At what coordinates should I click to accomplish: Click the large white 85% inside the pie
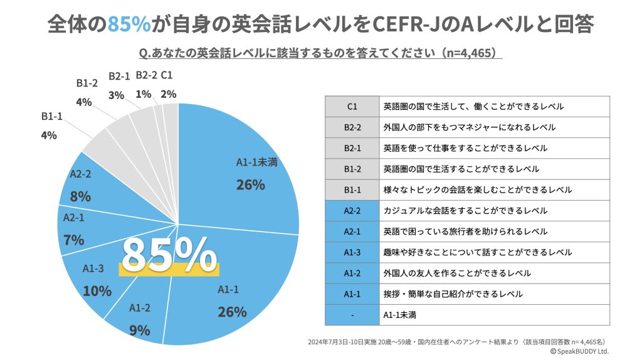(x=169, y=253)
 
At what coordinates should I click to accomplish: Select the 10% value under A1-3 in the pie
(x=97, y=291)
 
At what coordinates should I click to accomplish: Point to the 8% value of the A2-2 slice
(x=80, y=196)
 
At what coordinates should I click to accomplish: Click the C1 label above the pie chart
(x=167, y=75)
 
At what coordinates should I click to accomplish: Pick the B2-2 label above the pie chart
(x=146, y=75)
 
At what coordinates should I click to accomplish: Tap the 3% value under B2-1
(x=116, y=95)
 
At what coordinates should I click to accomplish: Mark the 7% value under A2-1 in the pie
(x=74, y=240)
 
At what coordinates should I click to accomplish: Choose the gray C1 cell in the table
(x=352, y=107)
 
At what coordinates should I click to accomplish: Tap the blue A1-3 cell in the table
(x=352, y=252)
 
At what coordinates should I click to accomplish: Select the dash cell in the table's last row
(x=352, y=315)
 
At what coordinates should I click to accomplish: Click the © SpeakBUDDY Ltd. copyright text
(x=579, y=352)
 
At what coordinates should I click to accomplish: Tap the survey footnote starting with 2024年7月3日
(x=457, y=342)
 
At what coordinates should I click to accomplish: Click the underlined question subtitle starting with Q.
(x=320, y=52)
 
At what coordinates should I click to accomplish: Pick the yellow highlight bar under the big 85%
(x=169, y=269)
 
